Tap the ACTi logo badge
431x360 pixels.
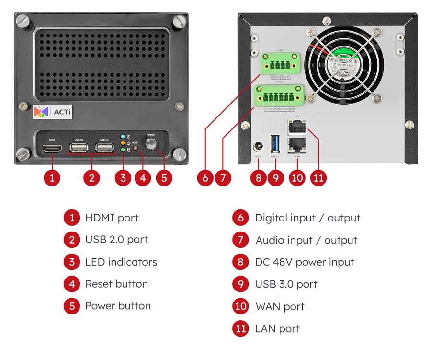coord(52,112)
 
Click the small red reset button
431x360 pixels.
coord(136,148)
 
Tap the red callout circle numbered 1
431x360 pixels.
coord(52,177)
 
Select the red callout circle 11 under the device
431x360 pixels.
coord(318,177)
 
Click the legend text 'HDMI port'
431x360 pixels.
coord(112,218)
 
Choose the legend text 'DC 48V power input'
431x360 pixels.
coord(304,262)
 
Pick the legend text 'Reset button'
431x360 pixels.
coord(116,284)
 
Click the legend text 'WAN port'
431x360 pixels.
coord(280,306)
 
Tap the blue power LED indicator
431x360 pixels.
coord(123,137)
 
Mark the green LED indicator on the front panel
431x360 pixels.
coord(123,150)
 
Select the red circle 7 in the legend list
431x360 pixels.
coord(240,240)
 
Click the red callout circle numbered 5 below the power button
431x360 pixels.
coord(164,177)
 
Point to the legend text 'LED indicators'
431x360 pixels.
coord(121,262)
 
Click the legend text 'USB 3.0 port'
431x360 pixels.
coord(286,284)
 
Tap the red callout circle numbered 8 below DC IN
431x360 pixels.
coord(259,177)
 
